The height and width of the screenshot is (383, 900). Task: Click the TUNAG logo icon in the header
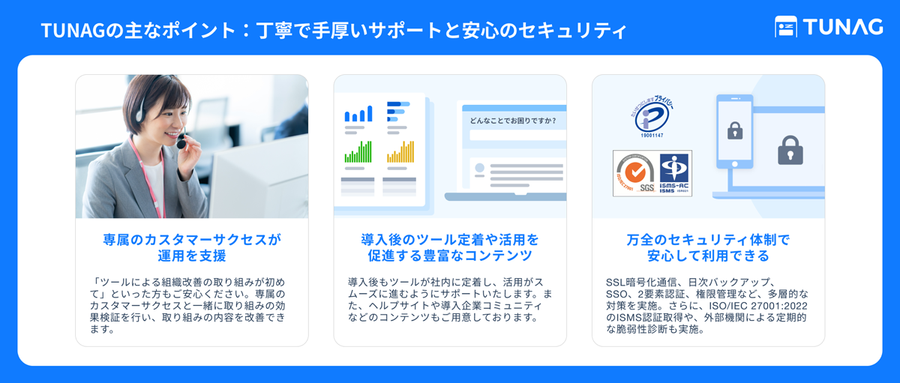785,27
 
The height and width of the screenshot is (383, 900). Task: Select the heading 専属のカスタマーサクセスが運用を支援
191,248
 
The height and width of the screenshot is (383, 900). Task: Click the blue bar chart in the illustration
358,113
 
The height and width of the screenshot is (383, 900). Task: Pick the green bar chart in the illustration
358,152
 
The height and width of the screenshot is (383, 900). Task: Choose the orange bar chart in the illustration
400,152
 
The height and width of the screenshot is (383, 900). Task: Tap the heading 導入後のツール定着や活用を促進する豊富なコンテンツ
449,248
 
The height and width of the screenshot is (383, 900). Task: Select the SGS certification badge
634,173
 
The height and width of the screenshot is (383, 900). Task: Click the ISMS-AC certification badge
674,173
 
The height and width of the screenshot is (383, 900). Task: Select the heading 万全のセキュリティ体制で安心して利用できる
708,248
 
